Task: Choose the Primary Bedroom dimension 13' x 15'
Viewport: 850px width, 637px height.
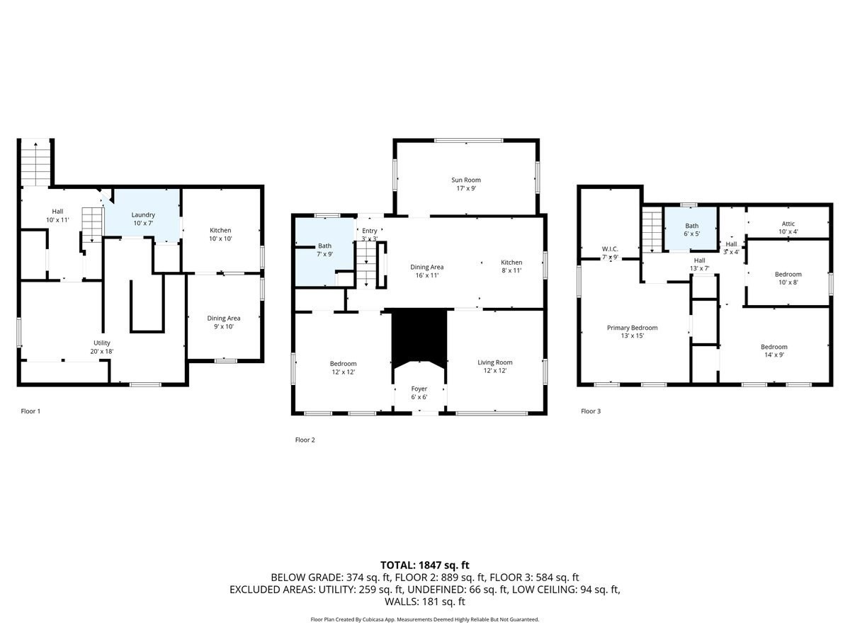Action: (632, 336)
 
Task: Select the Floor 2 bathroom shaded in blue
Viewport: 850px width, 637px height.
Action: (322, 251)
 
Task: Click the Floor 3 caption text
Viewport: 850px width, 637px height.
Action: (591, 411)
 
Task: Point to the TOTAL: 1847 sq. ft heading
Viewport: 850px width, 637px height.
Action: (425, 565)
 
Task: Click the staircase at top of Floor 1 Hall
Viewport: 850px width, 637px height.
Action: (35, 163)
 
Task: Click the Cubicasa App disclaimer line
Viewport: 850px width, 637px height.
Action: (425, 619)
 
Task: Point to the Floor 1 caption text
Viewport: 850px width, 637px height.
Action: (30, 411)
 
